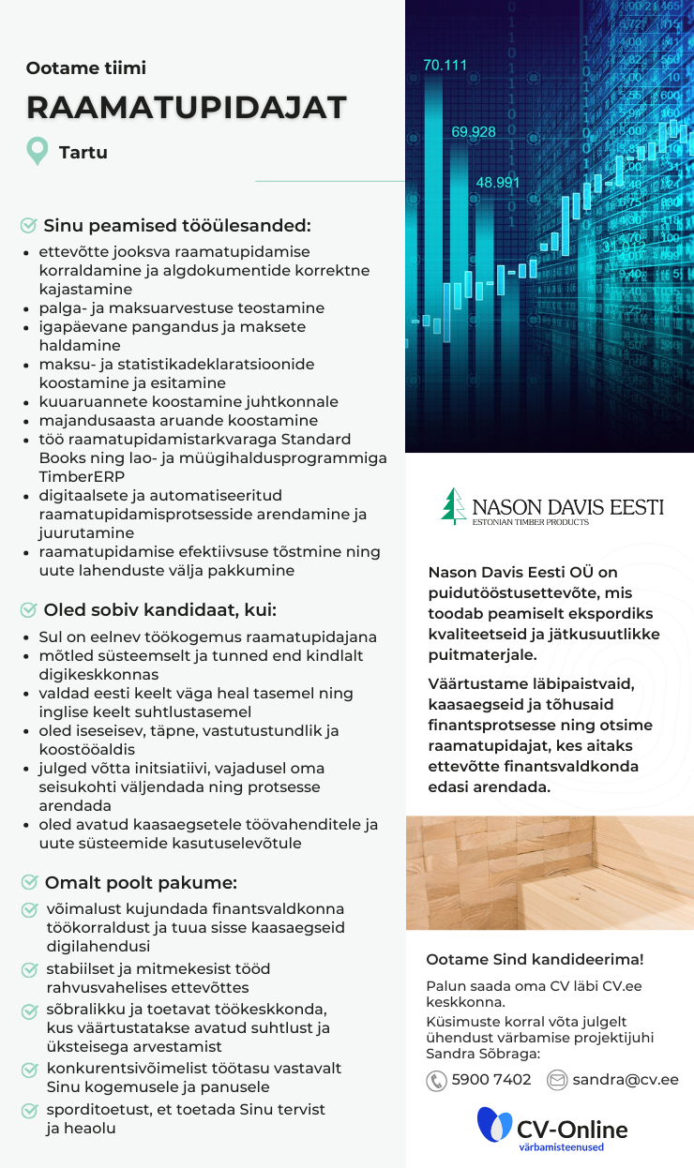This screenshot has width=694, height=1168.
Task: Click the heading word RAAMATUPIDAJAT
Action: tap(187, 108)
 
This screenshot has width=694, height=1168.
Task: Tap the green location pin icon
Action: tap(37, 151)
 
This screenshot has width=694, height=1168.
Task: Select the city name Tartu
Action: tap(83, 152)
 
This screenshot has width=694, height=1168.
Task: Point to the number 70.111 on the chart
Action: tap(445, 66)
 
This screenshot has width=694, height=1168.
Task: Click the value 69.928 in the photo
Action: tap(473, 132)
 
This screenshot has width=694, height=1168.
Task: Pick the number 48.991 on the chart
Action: tap(497, 183)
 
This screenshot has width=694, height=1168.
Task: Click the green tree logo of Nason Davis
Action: tap(454, 506)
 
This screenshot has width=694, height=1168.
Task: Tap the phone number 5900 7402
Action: tap(491, 1080)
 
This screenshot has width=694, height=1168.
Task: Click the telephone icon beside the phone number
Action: tap(436, 1081)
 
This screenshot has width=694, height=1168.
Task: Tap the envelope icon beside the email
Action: tap(557, 1080)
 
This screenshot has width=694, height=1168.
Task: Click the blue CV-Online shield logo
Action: tap(493, 1125)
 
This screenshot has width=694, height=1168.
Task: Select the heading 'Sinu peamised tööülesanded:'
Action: tap(176, 226)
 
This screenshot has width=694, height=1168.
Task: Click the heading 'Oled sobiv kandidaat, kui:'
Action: tap(159, 610)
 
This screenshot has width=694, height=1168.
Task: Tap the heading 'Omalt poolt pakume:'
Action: tap(141, 882)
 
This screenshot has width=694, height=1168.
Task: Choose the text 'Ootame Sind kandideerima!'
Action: tap(535, 959)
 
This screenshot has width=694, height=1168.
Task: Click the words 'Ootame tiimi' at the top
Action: tap(86, 67)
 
